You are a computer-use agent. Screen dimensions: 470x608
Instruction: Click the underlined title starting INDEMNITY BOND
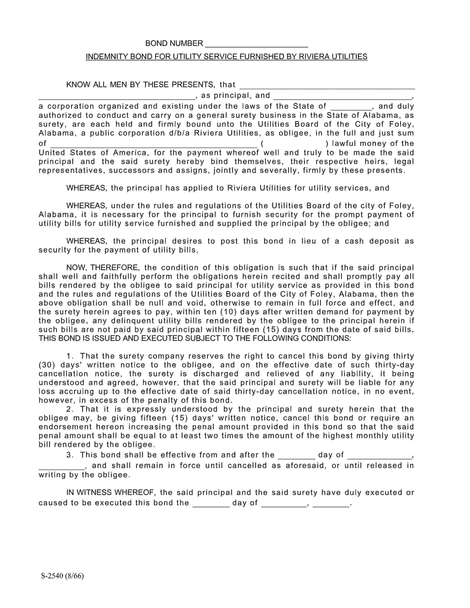226,57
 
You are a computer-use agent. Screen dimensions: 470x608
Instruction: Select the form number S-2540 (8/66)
62,576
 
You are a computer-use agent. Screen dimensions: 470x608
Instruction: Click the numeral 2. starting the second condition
70,409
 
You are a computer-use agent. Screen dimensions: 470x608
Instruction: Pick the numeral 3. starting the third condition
70,455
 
